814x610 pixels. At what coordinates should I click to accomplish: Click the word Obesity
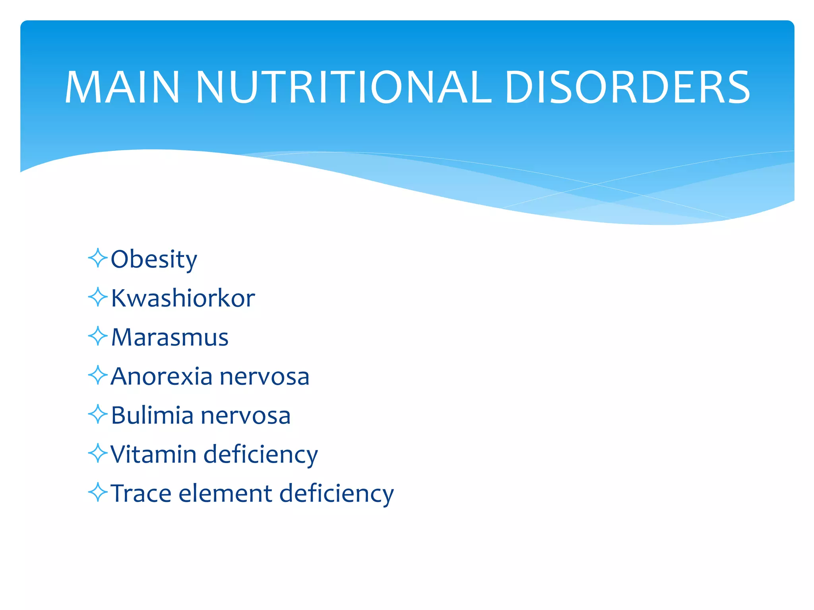(x=154, y=259)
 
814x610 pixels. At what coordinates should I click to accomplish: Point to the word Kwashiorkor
(x=183, y=298)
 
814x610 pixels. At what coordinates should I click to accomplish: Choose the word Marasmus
(x=170, y=337)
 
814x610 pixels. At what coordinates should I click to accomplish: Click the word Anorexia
(x=161, y=376)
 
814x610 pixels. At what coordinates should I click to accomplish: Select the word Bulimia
(x=152, y=415)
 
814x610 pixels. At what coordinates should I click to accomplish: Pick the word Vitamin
(x=153, y=454)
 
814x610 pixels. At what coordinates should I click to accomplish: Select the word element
(x=225, y=493)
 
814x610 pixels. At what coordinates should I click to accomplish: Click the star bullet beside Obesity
(x=98, y=258)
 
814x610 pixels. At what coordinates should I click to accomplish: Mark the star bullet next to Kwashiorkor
(x=98, y=297)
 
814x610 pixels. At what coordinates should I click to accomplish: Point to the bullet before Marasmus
(x=98, y=336)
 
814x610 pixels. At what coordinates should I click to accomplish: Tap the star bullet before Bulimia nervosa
(x=98, y=414)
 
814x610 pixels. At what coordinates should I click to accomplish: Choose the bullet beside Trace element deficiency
(x=98, y=492)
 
